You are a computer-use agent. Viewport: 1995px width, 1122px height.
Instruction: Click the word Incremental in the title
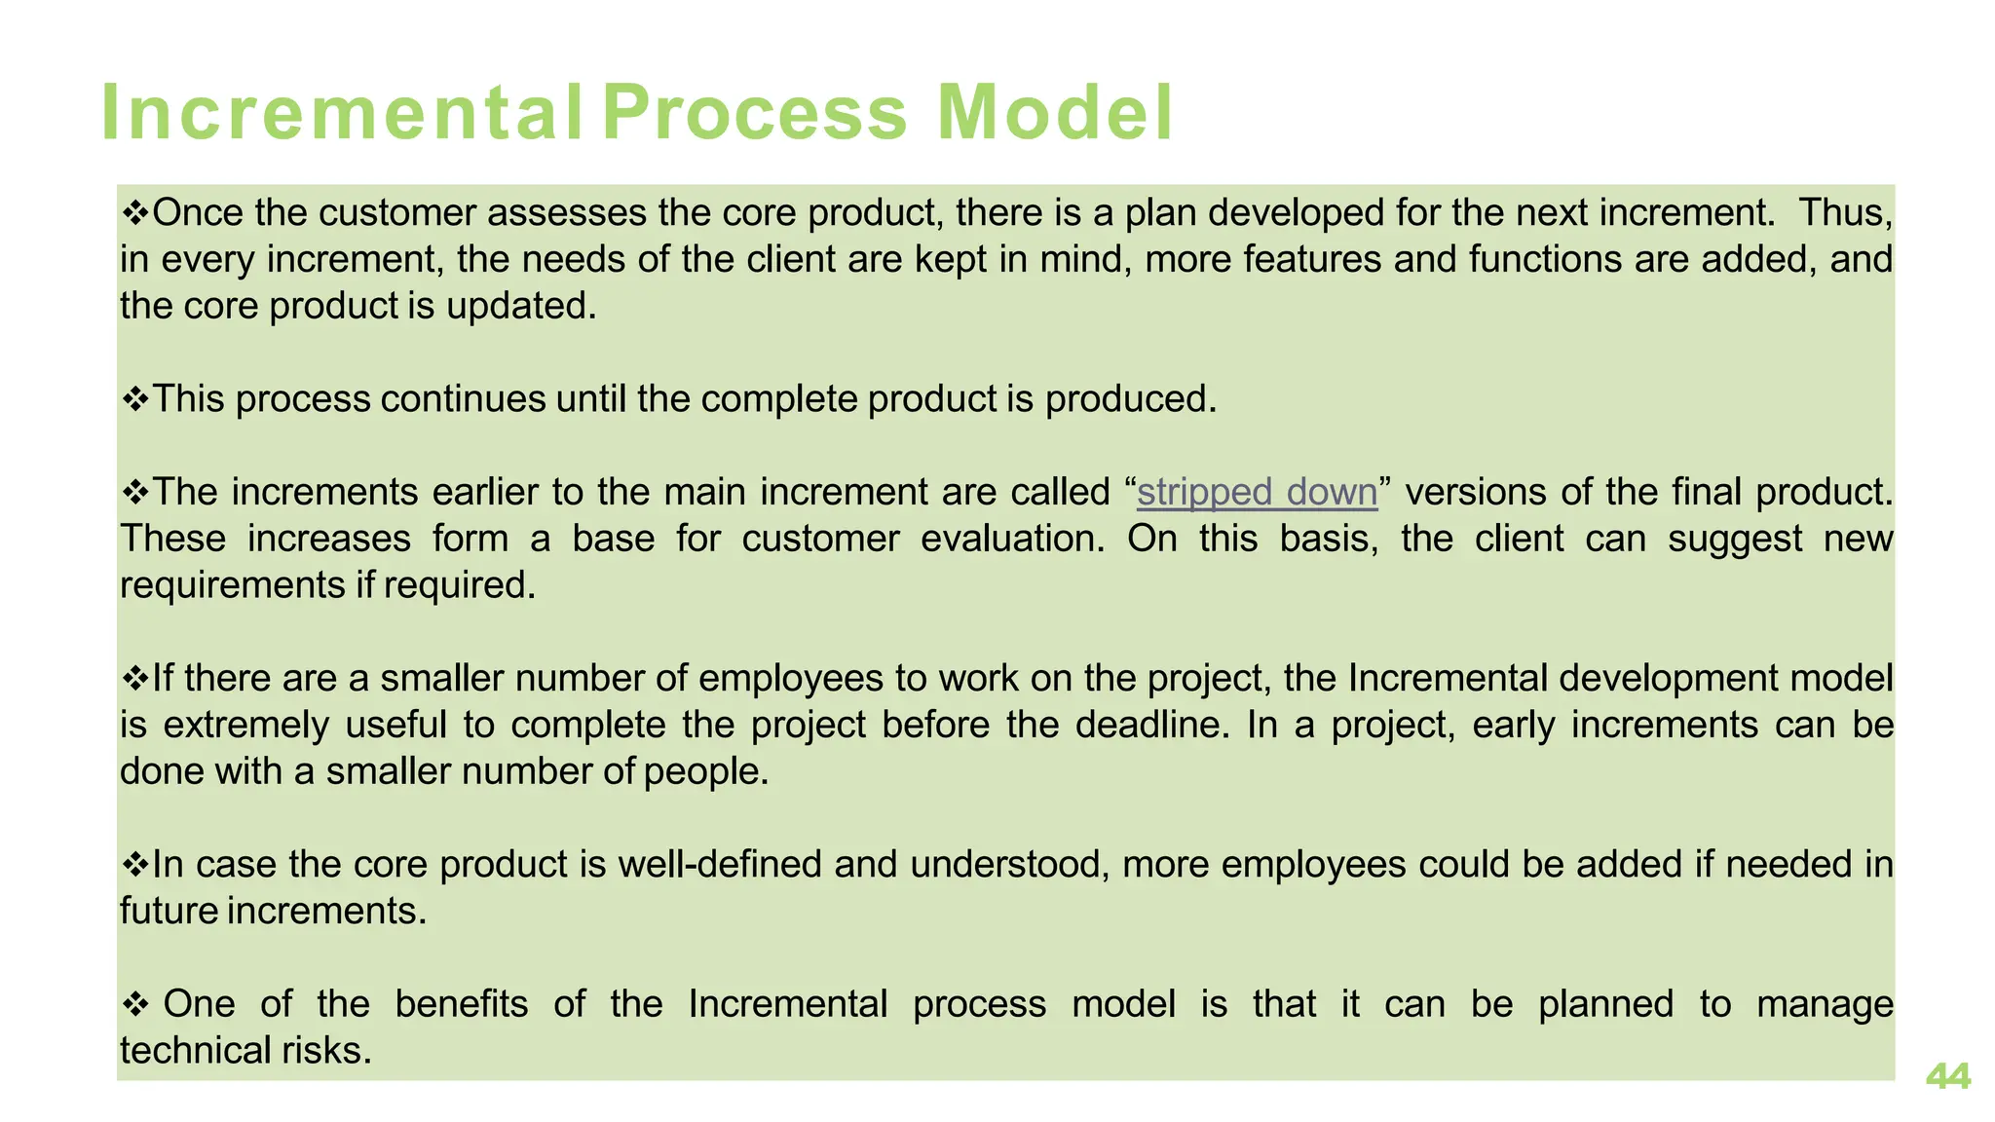pos(341,113)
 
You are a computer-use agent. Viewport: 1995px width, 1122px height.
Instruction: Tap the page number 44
pos(1947,1076)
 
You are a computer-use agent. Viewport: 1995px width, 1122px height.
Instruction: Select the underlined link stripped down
pos(1257,492)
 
